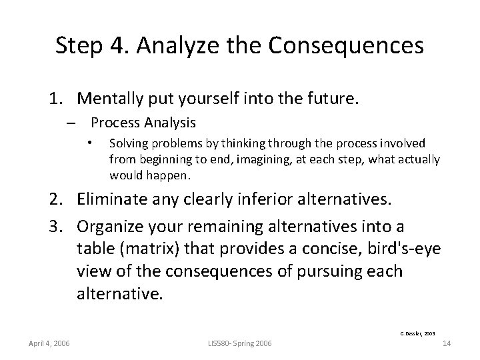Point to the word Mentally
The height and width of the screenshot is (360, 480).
[109, 99]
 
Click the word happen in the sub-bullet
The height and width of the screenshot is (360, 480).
[173, 177]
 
